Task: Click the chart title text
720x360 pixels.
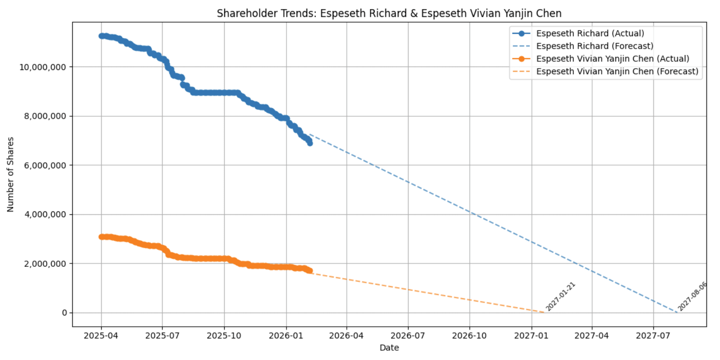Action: point(389,13)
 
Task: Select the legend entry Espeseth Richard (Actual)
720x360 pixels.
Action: point(590,33)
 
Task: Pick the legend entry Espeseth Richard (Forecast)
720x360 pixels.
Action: point(595,46)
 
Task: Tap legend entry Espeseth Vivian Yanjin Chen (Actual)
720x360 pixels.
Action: point(612,58)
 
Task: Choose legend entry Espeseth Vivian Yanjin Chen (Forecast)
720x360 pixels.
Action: point(617,71)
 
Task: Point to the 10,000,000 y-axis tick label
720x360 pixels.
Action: point(42,67)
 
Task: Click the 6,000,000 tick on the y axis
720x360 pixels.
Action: point(45,165)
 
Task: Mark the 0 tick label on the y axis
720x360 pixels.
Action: point(64,313)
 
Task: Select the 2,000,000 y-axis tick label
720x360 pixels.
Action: point(45,263)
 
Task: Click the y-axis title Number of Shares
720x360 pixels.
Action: point(11,174)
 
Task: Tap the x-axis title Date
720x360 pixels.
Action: point(389,347)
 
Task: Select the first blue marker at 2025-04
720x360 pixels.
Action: point(101,36)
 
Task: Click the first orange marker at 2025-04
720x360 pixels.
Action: point(101,236)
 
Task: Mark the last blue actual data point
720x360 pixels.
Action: point(310,143)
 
